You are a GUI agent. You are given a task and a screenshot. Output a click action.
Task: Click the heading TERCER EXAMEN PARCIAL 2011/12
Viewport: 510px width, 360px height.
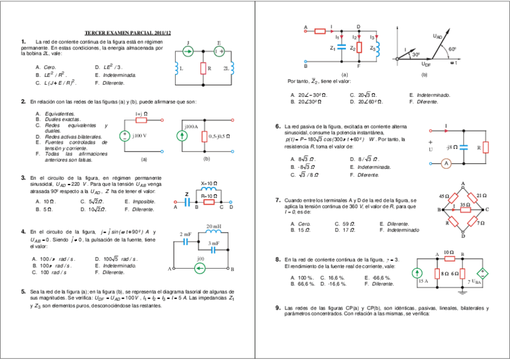[x=127, y=32]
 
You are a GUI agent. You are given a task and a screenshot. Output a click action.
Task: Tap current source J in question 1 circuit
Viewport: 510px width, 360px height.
[x=188, y=52]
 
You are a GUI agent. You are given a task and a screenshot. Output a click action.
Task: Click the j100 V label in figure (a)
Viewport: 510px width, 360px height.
[x=140, y=135]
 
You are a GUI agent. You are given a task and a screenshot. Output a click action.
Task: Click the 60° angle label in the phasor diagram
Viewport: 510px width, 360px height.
[x=452, y=49]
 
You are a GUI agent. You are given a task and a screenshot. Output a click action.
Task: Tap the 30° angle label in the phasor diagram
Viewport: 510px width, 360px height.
[x=415, y=55]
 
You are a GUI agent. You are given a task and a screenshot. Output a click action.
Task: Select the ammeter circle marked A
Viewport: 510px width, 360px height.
[x=446, y=163]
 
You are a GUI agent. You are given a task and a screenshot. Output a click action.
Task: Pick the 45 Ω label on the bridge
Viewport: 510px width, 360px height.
[x=444, y=197]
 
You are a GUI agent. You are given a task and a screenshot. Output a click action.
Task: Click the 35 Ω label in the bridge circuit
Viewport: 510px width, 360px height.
[x=464, y=205]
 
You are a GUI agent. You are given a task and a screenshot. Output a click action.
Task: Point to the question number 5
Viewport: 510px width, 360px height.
[x=23, y=290]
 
